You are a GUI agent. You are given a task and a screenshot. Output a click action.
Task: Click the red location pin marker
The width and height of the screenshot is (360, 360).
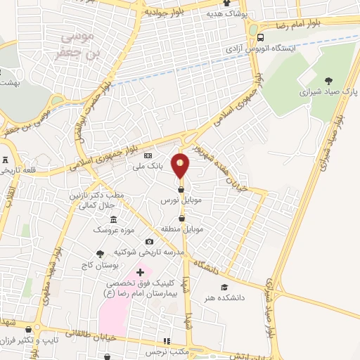181,165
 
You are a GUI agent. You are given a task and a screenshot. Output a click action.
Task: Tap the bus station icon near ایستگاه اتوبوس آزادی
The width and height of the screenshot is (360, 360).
261,37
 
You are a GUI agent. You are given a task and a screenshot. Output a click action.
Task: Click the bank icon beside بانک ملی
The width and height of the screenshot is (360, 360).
148,156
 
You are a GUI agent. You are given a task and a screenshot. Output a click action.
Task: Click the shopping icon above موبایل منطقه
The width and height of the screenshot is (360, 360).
182,218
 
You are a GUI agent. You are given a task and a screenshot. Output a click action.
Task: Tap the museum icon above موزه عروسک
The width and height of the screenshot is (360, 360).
113,219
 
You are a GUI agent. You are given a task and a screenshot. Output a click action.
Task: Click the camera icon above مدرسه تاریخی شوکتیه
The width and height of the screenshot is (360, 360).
149,241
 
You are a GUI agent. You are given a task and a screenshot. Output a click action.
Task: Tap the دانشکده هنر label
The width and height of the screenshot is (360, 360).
224,297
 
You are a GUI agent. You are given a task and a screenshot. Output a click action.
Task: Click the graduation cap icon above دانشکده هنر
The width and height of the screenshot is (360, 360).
224,287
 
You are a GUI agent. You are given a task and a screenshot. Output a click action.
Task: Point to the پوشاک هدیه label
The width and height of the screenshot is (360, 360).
222,13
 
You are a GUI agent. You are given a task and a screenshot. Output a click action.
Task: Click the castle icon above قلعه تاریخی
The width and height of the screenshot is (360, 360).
6,160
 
